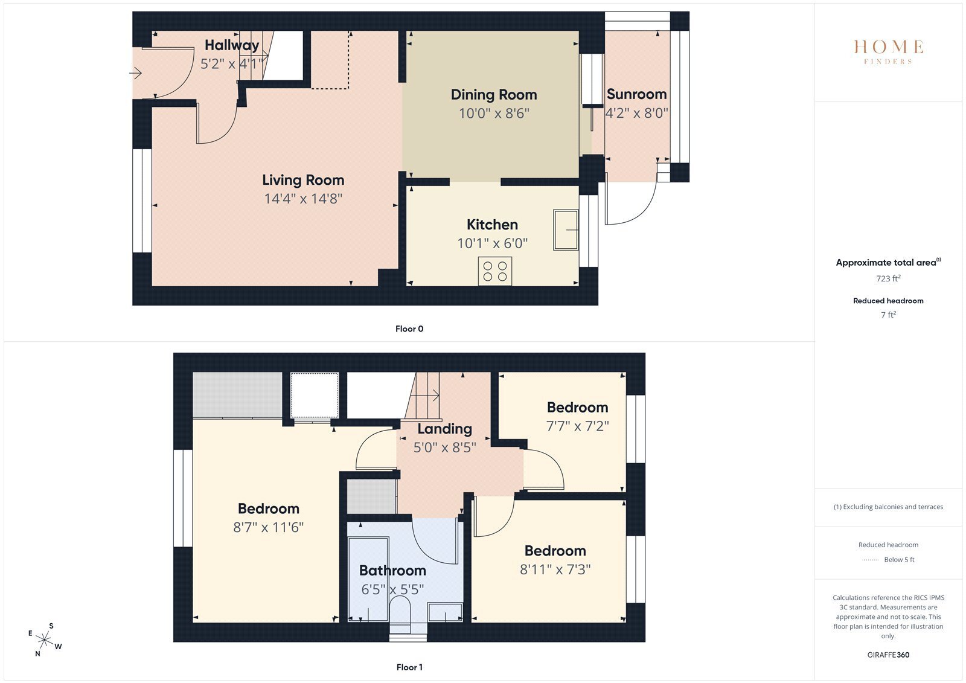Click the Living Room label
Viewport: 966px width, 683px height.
coord(303,180)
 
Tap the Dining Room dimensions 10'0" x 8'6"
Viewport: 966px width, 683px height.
coord(494,114)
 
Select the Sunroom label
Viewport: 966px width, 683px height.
coord(636,94)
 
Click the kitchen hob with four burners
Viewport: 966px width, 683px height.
coord(495,271)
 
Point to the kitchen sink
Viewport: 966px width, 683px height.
coord(566,230)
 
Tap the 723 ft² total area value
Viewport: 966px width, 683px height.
coord(888,278)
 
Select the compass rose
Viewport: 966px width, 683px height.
coord(45,640)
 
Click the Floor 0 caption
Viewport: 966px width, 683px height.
coord(409,329)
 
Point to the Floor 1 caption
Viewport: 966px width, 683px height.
coord(409,667)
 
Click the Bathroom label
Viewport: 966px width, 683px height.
coord(392,571)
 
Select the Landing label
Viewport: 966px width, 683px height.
coord(444,429)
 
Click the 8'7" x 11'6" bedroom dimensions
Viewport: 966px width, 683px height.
coord(268,527)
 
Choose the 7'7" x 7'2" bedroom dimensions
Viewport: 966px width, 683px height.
coord(577,426)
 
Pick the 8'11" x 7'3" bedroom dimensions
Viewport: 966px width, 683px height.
coord(555,569)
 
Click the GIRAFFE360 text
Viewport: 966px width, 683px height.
coord(888,655)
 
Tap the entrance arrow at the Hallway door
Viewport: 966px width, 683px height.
coord(135,73)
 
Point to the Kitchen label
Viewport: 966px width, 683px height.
coord(492,225)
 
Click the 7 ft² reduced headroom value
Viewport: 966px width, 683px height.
coord(888,315)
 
